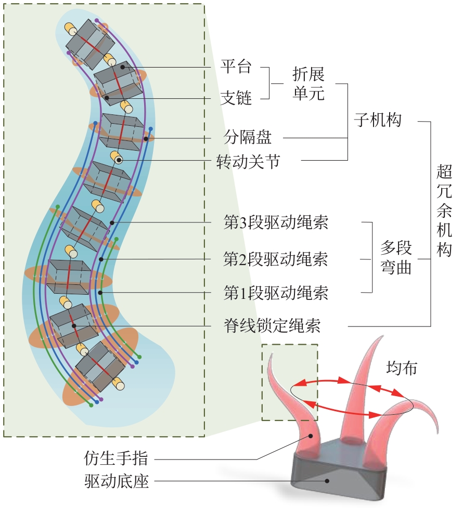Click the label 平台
pyautogui.click(x=236, y=67)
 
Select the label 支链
pyautogui.click(x=236, y=98)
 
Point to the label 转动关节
pyautogui.click(x=248, y=162)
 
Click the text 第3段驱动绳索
pyautogui.click(x=276, y=223)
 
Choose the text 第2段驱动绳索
pyautogui.click(x=276, y=258)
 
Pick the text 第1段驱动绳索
pyautogui.click(x=276, y=293)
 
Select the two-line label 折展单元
pyautogui.click(x=308, y=84)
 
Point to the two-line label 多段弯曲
pyautogui.click(x=396, y=258)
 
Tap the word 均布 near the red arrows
pyautogui.click(x=401, y=368)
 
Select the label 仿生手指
pyautogui.click(x=116, y=458)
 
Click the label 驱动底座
pyautogui.click(x=116, y=482)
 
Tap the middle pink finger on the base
pyautogui.click(x=358, y=400)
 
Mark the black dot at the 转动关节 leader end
pyautogui.click(x=119, y=160)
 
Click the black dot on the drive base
pyautogui.click(x=327, y=481)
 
